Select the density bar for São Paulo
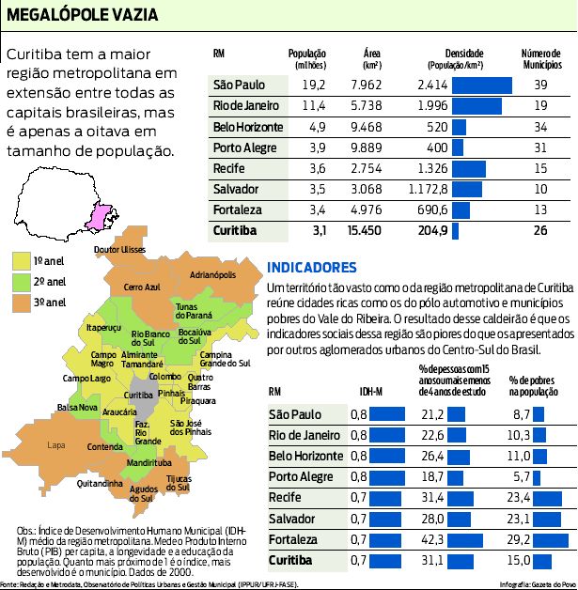click(481, 85)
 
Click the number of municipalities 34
click(540, 127)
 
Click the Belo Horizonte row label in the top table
click(247, 127)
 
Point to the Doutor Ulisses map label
click(120, 249)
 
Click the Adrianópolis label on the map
click(211, 275)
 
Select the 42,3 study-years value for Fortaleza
click(432, 540)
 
